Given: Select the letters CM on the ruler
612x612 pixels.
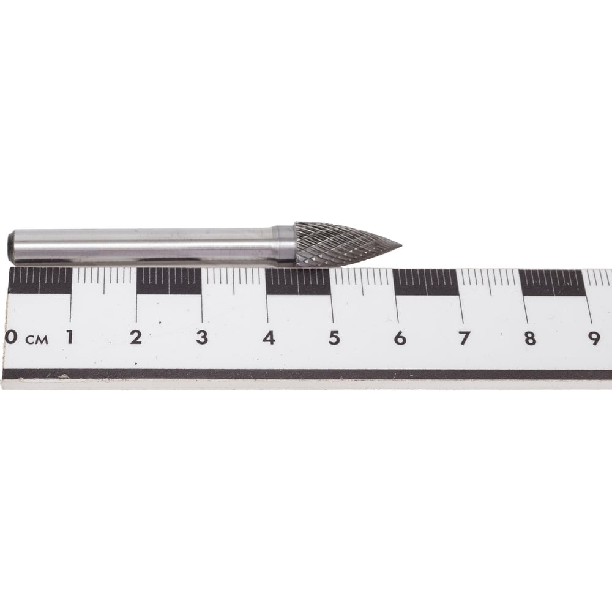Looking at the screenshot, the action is coord(37,340).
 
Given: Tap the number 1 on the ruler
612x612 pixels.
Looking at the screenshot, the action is coord(70,337).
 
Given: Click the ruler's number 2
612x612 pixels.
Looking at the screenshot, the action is coord(136,337).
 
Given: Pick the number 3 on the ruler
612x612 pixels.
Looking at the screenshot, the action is coord(202,338).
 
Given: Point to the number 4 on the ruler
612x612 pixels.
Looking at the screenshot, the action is coord(269,338).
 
